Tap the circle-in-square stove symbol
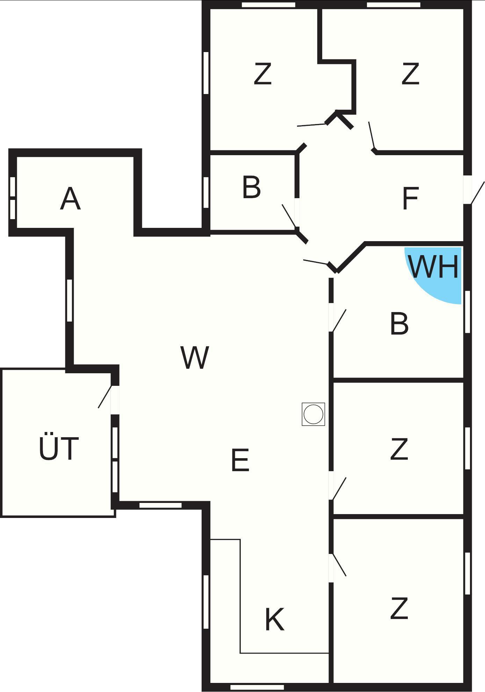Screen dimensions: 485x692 pos(313,414)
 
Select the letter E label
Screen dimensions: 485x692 pos(240,460)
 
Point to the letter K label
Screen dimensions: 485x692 pos(275,619)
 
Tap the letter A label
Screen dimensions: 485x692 pos(70,199)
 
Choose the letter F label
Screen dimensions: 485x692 pos(410,198)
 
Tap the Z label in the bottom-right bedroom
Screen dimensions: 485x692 pos(399,608)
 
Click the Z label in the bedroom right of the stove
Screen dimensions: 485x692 pos(399,449)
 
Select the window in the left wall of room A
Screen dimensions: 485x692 pos(13,198)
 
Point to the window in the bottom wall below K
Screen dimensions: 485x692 pos(257,687)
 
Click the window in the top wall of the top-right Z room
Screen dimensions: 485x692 pos(393,5)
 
